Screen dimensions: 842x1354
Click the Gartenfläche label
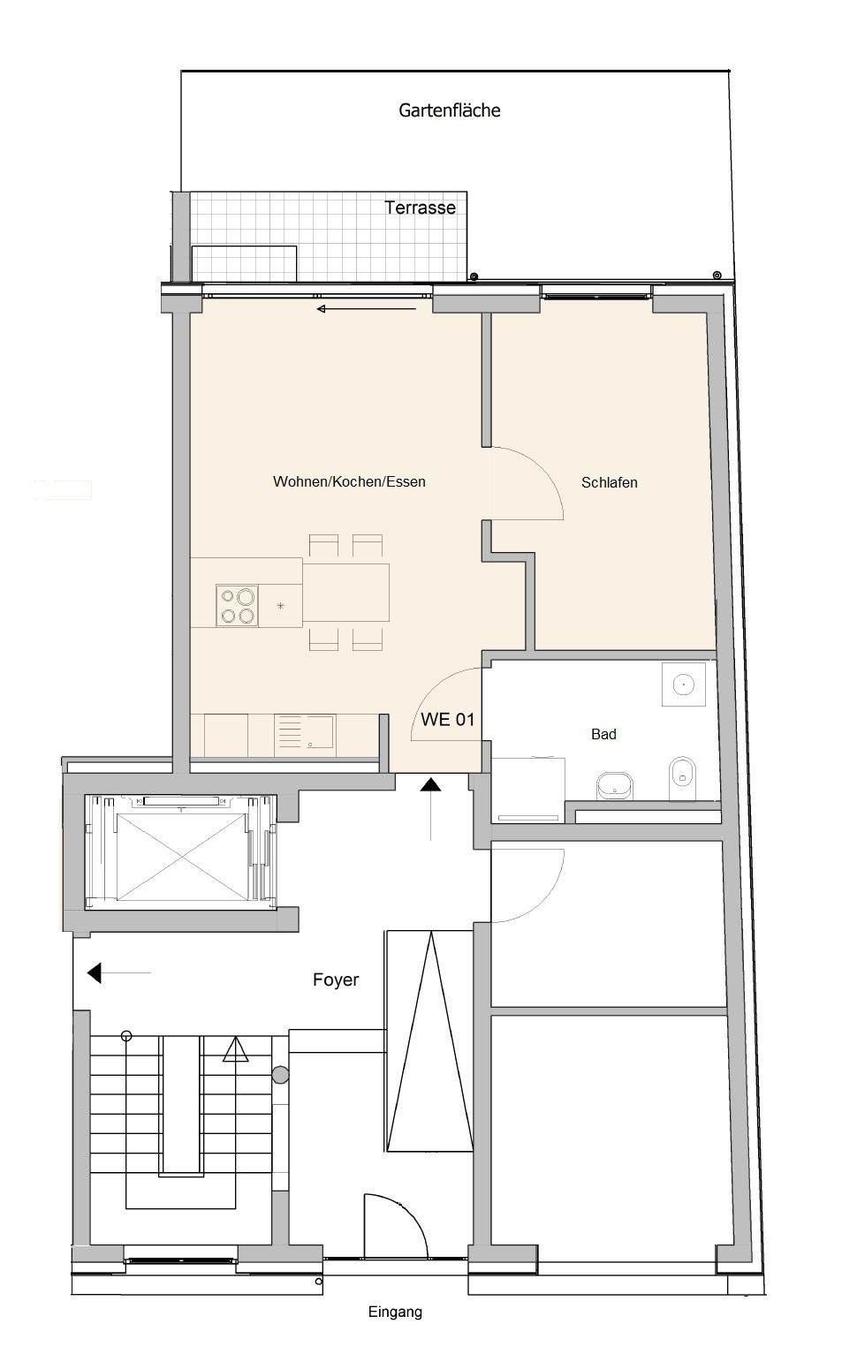tap(449, 110)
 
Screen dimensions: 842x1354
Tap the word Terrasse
tap(420, 208)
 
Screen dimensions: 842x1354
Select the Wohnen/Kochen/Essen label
tap(349, 481)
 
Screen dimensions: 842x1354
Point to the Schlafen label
tap(610, 482)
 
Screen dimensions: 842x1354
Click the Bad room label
tap(603, 735)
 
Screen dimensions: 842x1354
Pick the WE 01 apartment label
tap(448, 719)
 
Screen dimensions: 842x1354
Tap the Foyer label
tap(336, 980)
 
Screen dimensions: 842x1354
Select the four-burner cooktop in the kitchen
tap(237, 606)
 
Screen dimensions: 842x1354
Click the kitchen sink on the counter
tap(304, 732)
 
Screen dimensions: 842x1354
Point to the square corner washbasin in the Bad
tap(684, 685)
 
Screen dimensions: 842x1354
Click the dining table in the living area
tap(345, 593)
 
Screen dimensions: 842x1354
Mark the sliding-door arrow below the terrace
tap(367, 309)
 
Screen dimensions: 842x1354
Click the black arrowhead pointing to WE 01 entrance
tap(431, 784)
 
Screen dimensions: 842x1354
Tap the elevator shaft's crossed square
tap(181, 858)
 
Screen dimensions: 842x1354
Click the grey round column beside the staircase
tap(280, 1075)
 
